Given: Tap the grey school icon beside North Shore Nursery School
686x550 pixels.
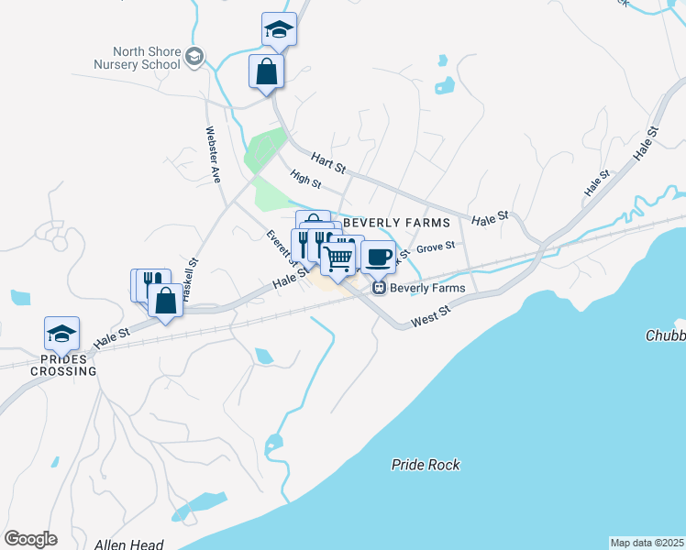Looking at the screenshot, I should [194, 58].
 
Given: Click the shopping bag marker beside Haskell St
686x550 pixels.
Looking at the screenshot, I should [166, 302].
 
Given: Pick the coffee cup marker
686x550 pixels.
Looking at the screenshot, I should [378, 256].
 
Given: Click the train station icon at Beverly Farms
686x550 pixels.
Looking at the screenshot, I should [378, 288].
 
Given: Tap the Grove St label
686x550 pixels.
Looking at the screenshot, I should [436, 247].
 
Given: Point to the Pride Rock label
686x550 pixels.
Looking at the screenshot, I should [426, 465].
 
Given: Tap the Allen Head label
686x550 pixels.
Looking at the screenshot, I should [128, 544].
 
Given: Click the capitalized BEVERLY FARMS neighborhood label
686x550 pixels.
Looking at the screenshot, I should [396, 223].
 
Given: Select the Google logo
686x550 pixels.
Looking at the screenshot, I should [30, 539].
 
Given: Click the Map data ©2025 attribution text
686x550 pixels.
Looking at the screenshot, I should [647, 543].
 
